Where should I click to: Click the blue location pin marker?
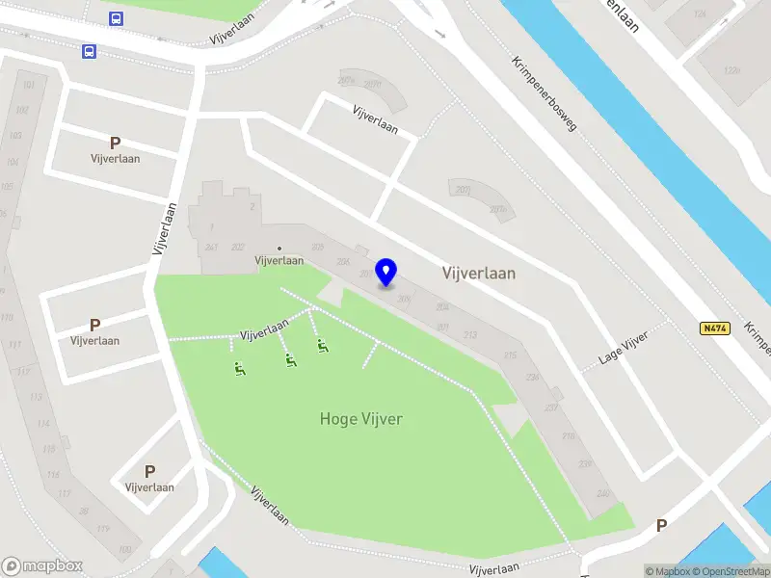click(386, 273)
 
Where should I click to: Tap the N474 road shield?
click(714, 328)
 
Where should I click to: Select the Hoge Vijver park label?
click(360, 419)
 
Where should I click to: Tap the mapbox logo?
click(42, 565)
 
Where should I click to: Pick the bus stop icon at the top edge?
click(116, 18)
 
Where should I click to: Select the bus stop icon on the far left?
click(89, 52)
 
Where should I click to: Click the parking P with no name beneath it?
click(661, 526)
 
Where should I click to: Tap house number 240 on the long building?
click(603, 493)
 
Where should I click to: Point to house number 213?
click(470, 335)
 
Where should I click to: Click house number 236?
click(532, 377)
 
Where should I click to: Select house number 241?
click(211, 247)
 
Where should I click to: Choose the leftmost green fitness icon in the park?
click(238, 368)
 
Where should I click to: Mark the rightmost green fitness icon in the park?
click(322, 346)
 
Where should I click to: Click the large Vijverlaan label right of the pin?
click(478, 274)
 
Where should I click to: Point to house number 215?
click(509, 355)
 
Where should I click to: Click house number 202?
click(238, 247)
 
